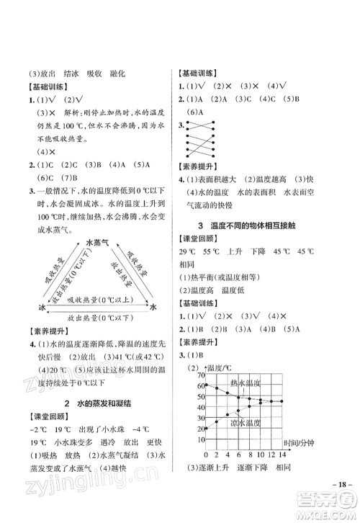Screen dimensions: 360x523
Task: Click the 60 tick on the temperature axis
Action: (199, 388)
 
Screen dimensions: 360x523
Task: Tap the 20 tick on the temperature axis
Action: (199, 429)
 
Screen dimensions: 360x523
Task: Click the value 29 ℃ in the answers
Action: (189, 274)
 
